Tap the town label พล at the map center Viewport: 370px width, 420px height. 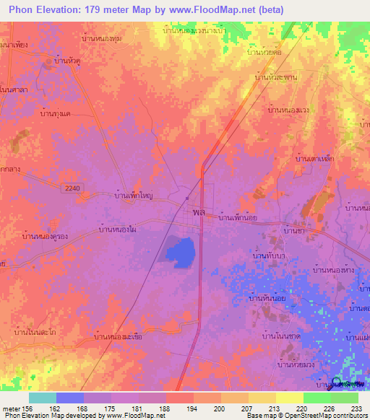point(199,214)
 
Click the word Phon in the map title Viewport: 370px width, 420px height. point(21,9)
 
